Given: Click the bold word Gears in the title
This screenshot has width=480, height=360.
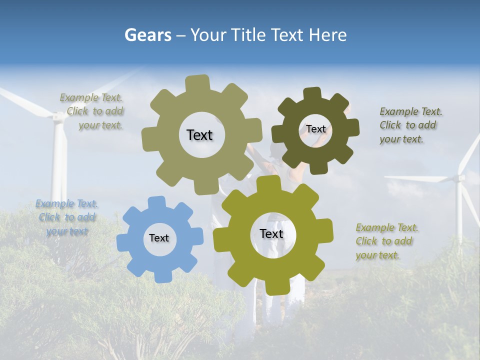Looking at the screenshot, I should pos(147,35).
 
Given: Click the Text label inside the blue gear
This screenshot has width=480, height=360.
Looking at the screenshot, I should pos(159,238).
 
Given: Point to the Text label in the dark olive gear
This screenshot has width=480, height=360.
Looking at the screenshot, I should pos(315,129).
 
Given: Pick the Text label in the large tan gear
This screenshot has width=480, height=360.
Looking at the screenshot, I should pos(199,135).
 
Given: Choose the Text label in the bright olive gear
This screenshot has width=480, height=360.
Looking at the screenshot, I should pos(271,233).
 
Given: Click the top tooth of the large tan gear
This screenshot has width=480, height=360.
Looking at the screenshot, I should pos(197,82).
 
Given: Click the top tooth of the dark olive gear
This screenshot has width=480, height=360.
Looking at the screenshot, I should pos(312,93).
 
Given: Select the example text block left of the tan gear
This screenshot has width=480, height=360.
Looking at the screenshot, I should pos(93,111).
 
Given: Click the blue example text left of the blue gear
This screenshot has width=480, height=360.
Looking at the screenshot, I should pos(66,217).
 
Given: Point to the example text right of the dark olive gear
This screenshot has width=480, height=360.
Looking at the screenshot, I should pos(410,125).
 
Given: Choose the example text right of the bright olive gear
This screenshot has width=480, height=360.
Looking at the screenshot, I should pos(386,241).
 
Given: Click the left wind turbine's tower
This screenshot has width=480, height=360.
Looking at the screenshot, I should pos(59,160).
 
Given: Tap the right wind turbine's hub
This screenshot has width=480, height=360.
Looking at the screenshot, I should pos(458,177).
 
